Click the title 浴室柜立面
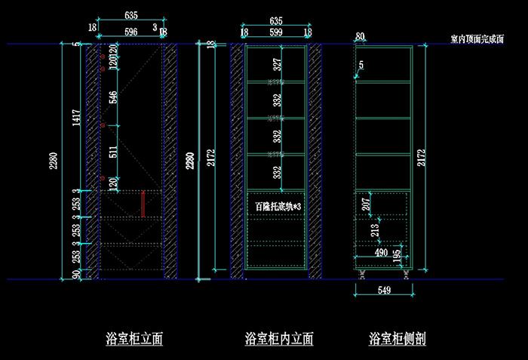[135, 339]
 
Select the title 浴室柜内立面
[279, 339]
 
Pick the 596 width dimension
[130, 32]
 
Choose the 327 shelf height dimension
[277, 64]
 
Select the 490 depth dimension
[381, 253]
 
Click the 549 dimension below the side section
[385, 291]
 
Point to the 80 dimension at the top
[360, 36]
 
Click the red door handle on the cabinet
[143, 204]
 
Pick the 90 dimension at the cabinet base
[75, 274]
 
